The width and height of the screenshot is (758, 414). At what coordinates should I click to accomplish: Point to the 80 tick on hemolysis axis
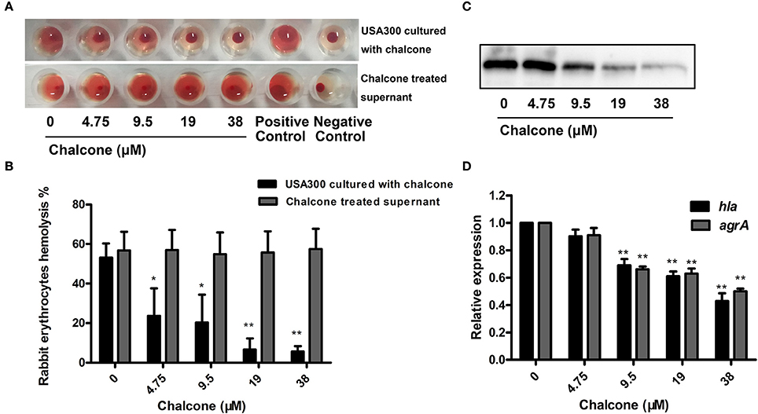(x=75, y=204)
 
